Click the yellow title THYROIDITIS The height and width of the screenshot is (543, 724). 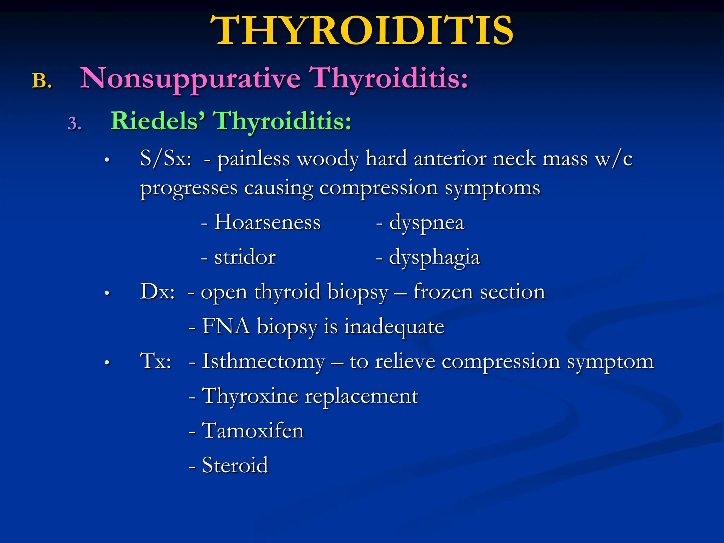point(361,31)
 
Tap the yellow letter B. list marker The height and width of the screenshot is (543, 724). point(42,81)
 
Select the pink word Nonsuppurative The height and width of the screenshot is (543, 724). point(190,78)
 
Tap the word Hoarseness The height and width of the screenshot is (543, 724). point(267,222)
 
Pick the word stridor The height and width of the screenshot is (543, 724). point(245,257)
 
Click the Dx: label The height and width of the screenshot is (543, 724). point(157,292)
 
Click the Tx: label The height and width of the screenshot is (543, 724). point(156,361)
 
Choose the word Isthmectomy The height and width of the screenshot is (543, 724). point(263,362)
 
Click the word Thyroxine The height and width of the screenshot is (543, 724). point(250,396)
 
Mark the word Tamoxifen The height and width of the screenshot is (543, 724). point(253,430)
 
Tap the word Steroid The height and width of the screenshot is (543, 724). point(235,465)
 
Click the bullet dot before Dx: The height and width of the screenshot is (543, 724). point(107,293)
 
